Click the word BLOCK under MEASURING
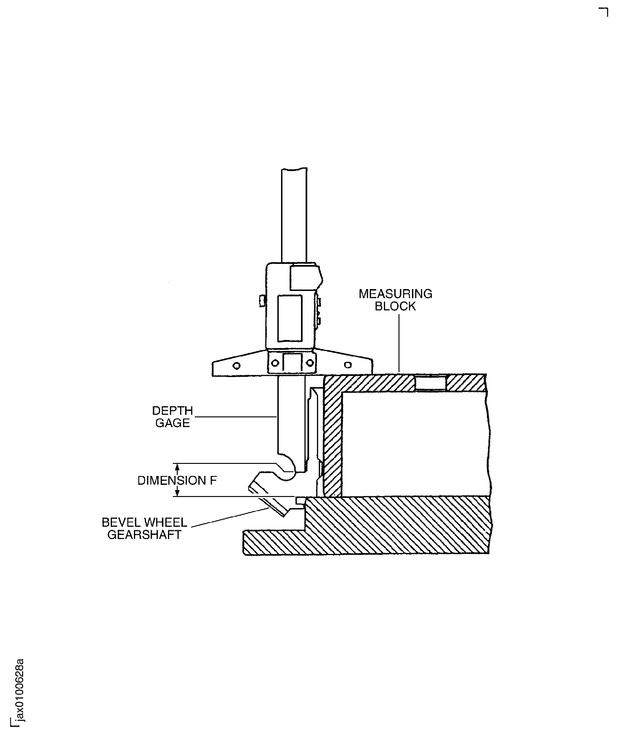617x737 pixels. pos(395,306)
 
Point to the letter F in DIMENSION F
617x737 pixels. pos(213,481)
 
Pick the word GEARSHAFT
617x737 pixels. pos(144,535)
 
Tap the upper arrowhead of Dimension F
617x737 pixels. pos(177,467)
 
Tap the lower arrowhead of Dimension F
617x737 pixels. pos(177,493)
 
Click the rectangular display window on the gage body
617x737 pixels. pos(290,318)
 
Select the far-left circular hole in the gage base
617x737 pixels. pos(237,366)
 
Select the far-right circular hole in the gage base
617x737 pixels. pos(348,365)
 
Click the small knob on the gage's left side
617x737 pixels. pos(262,301)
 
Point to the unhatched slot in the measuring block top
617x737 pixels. pos(430,383)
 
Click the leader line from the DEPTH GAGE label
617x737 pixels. pos(235,417)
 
